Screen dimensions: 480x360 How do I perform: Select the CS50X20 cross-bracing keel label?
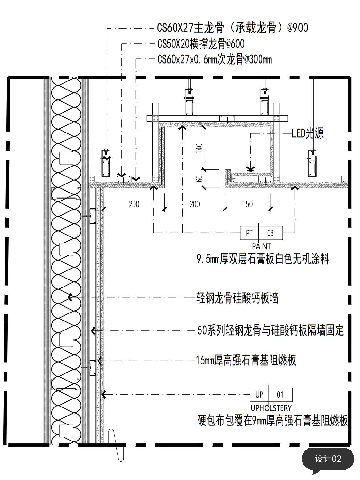(x=201, y=44)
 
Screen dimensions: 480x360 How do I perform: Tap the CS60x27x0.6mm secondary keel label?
(x=214, y=60)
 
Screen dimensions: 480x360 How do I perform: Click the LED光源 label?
(x=307, y=133)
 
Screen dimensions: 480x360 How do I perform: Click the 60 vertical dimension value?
(x=199, y=179)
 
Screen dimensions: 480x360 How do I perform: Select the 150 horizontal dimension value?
(x=247, y=204)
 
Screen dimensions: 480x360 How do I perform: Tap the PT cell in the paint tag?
(x=249, y=233)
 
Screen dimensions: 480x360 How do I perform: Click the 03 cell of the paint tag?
(x=270, y=233)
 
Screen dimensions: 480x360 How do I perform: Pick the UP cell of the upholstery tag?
(x=259, y=395)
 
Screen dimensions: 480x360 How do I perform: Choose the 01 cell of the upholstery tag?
(x=280, y=395)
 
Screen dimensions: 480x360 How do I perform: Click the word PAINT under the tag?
(x=261, y=246)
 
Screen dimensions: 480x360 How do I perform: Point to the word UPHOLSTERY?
(x=271, y=408)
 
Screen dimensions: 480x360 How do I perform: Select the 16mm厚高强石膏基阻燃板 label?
(x=246, y=360)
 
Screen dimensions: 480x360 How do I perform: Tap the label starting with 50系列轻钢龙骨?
(x=270, y=330)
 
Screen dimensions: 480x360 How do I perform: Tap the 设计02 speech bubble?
(x=328, y=459)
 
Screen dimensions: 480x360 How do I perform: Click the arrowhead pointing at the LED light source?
(x=250, y=169)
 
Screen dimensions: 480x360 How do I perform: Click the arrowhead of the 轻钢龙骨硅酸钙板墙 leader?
(x=70, y=297)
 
